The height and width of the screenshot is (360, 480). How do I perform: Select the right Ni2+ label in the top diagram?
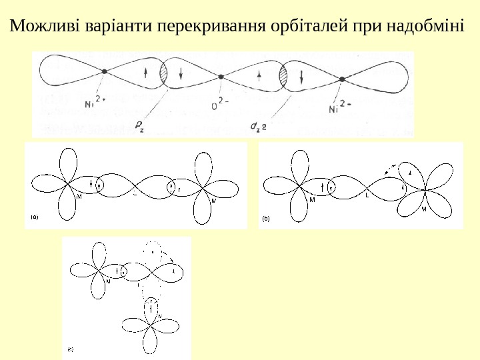pos(340,106)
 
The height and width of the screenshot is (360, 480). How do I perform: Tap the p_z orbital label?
pos(139,127)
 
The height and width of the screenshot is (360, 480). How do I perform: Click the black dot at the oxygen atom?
pos(221,77)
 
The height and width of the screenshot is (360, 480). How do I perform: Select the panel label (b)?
pos(265,217)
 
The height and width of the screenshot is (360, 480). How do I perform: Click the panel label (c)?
pos(70,348)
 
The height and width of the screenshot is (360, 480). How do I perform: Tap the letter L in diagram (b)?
pos(367,196)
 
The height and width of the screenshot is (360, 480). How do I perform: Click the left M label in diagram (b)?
pos(312,199)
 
